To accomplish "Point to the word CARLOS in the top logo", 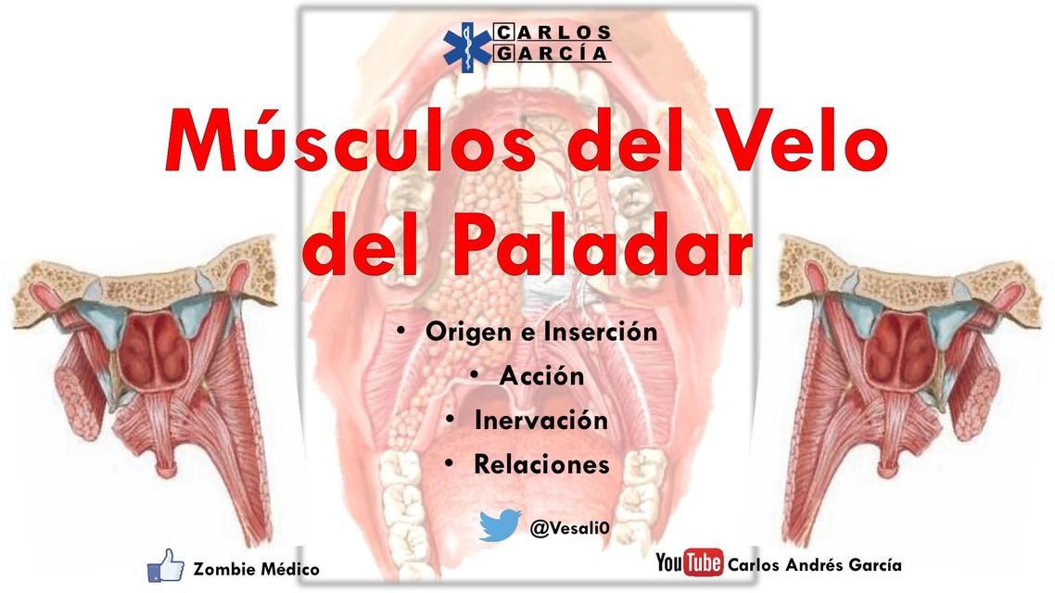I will pos(553,32).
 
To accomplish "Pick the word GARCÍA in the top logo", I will pos(553,54).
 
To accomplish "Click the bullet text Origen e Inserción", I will pos(541,332).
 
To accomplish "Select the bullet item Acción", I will pos(541,376).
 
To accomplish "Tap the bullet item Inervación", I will pos(541,420).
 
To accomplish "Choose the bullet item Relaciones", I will pos(541,463).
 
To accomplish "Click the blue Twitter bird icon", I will pos(500,525).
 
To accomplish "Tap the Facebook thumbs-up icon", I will pos(166,564).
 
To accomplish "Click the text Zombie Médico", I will pos(256,569).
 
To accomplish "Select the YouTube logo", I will pos(689,562).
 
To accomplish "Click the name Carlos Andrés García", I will pos(815,564).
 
